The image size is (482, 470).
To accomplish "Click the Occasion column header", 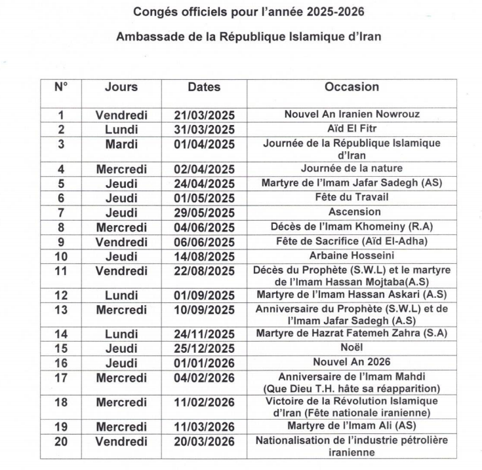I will click(x=351, y=87).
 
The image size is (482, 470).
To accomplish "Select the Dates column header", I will click(x=204, y=87).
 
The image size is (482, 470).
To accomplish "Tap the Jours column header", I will click(x=121, y=87).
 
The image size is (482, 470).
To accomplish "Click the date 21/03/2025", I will click(x=204, y=115).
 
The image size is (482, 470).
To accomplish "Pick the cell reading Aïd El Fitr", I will click(x=351, y=129).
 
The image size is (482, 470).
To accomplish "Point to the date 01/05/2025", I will click(x=204, y=198).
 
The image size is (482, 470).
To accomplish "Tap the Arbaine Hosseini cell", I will click(x=351, y=256).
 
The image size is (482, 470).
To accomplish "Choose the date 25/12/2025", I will click(x=204, y=348).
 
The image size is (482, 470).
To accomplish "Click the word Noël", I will click(x=352, y=348).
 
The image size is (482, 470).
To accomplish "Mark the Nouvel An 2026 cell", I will click(x=352, y=362).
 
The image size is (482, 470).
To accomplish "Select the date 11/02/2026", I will click(x=204, y=403).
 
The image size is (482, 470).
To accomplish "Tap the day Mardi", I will click(x=121, y=144).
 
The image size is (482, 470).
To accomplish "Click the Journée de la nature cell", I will click(x=351, y=169).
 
